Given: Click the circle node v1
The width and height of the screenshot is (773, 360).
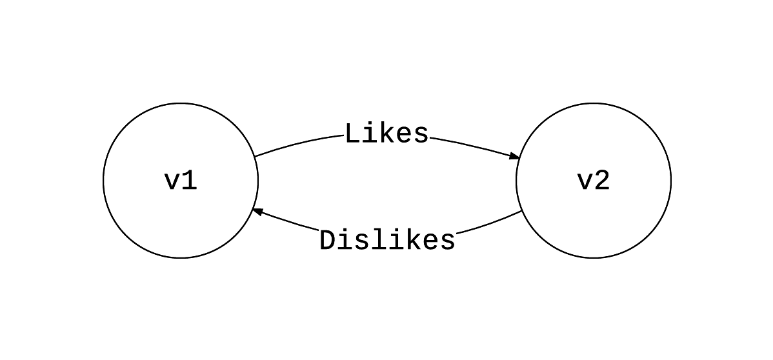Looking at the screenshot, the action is point(181,181).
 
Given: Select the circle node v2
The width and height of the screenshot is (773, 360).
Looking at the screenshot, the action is point(594,181).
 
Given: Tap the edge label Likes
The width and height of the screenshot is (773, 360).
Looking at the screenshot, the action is point(386,134).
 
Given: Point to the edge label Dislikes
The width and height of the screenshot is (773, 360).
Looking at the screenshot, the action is point(387,241).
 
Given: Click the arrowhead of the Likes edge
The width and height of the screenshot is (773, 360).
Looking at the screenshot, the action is point(515,157).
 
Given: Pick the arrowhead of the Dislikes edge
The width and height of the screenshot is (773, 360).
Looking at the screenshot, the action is point(257,212).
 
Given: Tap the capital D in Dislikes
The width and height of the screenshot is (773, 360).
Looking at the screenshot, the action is point(328,241).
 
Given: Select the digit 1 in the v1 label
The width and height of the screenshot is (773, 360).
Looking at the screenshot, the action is point(189,181).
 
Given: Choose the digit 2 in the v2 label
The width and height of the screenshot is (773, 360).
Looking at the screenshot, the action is point(602,181).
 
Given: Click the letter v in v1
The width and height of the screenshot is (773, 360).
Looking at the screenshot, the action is point(172,183).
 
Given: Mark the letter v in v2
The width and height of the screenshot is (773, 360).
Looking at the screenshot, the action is point(585,183).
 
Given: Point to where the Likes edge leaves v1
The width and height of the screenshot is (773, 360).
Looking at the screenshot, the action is point(255,157).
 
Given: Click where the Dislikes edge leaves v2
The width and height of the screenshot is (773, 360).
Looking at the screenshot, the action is point(521,211).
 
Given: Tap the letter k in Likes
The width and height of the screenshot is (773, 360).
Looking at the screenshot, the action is point(387,134).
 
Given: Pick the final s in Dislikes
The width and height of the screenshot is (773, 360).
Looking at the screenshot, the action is point(447,241).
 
